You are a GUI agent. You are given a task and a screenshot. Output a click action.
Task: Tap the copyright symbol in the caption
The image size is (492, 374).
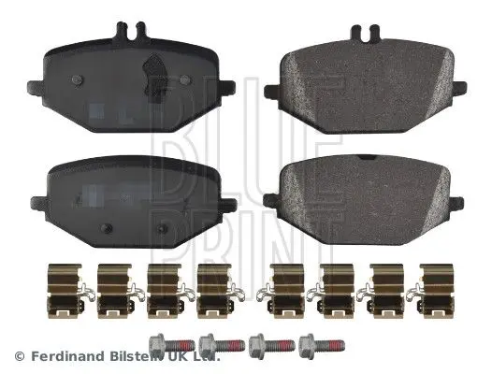coord(16,356)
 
